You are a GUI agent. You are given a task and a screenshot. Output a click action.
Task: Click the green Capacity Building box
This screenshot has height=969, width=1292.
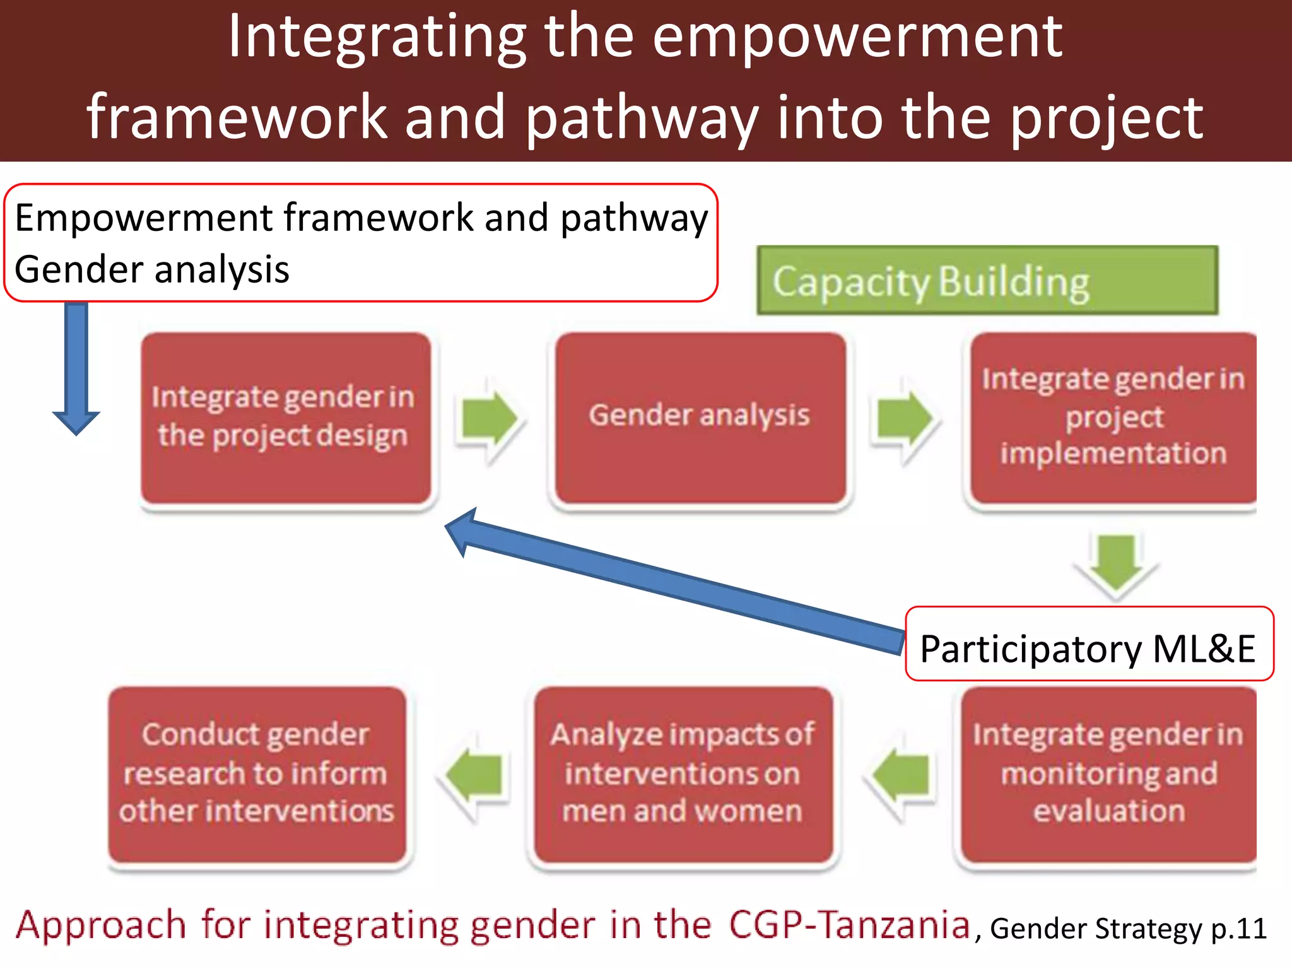(987, 281)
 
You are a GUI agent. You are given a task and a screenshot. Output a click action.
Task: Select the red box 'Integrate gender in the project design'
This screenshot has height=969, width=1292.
(286, 418)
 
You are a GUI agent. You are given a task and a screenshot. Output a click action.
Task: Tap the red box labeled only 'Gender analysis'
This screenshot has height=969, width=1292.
(700, 418)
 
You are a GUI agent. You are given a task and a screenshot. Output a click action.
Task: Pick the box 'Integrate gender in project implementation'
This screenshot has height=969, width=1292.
(1113, 418)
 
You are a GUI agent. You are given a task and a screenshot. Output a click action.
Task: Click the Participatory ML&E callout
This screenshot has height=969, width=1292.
(1089, 648)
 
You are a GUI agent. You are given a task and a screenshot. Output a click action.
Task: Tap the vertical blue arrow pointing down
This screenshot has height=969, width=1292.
(76, 366)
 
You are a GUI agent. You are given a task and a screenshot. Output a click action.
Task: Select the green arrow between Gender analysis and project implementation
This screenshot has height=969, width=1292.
(903, 419)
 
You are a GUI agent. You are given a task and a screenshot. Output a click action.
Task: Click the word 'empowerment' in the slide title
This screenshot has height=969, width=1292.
(857, 38)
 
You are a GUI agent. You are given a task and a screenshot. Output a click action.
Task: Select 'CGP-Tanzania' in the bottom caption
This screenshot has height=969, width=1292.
(849, 925)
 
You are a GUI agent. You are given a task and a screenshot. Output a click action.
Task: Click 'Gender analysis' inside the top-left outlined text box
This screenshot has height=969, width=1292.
(151, 269)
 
